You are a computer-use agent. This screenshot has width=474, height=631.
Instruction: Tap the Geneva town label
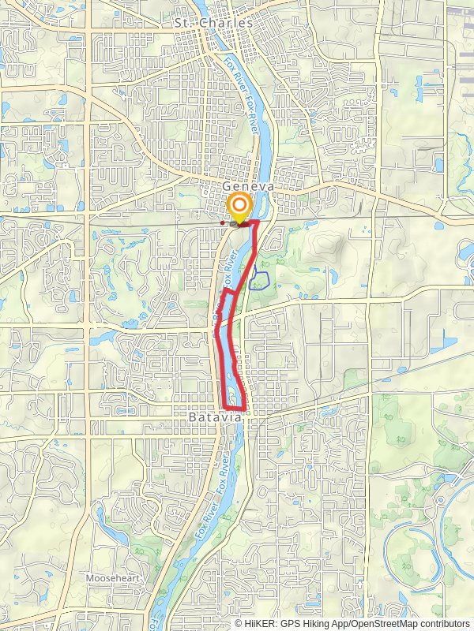point(247,187)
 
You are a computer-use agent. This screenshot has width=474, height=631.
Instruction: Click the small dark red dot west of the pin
point(223,223)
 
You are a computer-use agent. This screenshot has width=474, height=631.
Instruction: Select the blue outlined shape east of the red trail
point(260,280)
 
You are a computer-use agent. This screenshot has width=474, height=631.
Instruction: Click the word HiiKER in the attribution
point(260,624)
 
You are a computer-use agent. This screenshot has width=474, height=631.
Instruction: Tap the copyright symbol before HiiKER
point(239,624)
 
